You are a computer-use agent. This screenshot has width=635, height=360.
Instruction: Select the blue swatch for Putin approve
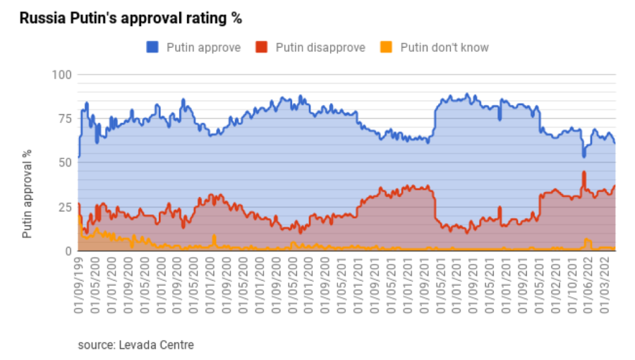(152, 47)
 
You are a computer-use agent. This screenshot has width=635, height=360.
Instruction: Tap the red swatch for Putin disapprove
(260, 47)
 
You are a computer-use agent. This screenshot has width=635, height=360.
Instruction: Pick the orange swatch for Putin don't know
(385, 47)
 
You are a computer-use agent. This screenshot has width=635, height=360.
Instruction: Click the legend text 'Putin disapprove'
(320, 47)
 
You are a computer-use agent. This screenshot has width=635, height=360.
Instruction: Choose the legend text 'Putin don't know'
(444, 47)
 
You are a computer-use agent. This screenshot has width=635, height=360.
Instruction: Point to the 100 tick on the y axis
(62, 74)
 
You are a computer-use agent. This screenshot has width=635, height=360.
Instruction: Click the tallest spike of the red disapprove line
(583, 172)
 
